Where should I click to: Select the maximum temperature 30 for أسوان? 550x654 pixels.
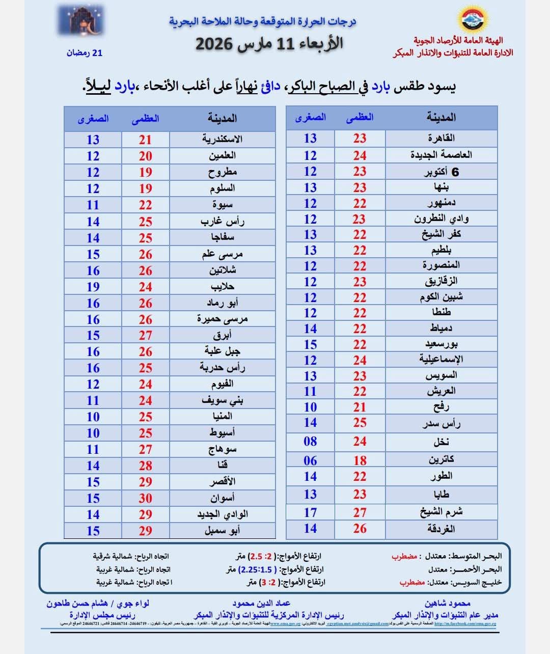click(146, 498)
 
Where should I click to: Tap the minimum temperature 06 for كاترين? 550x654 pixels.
click(310, 460)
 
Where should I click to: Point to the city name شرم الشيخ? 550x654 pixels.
click(441, 512)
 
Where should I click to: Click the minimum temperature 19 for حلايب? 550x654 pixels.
click(93, 287)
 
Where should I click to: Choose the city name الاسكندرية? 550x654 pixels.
click(222, 139)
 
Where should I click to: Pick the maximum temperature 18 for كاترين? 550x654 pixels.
click(360, 460)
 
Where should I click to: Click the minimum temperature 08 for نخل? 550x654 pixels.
click(310, 442)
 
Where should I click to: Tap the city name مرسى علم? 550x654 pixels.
click(222, 254)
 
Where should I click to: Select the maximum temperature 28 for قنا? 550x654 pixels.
click(146, 466)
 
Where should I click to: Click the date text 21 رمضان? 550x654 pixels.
click(85, 52)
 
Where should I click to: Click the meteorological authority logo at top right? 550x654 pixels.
click(473, 19)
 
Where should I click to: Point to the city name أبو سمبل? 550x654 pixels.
click(222, 530)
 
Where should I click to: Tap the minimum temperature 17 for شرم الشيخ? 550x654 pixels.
click(310, 512)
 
